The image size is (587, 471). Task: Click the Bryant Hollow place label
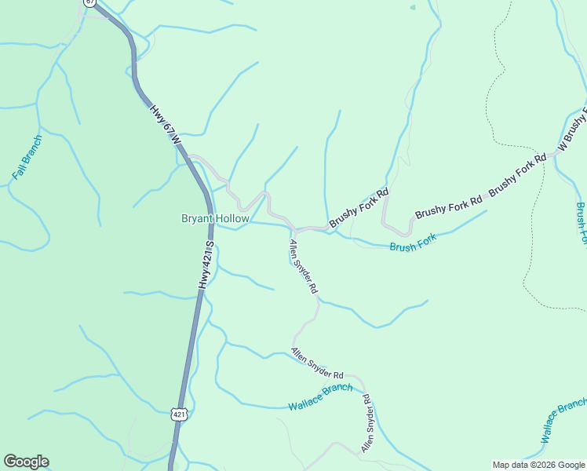tap(215, 218)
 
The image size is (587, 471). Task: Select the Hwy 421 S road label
tap(205, 265)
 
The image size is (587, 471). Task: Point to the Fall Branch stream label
tap(27, 157)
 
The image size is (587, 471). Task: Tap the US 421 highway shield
tap(180, 414)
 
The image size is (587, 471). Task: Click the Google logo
tap(26, 462)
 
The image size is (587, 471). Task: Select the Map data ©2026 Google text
tap(538, 465)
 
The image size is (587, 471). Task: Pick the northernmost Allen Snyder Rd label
tap(303, 267)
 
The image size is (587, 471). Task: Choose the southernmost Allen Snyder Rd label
tap(366, 422)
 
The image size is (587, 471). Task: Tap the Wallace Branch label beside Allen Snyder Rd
tap(320, 397)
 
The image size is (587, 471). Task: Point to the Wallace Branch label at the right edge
tap(563, 421)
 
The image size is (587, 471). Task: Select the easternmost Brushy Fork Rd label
tap(516, 175)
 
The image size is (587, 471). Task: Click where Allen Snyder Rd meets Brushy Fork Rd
tap(295, 230)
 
